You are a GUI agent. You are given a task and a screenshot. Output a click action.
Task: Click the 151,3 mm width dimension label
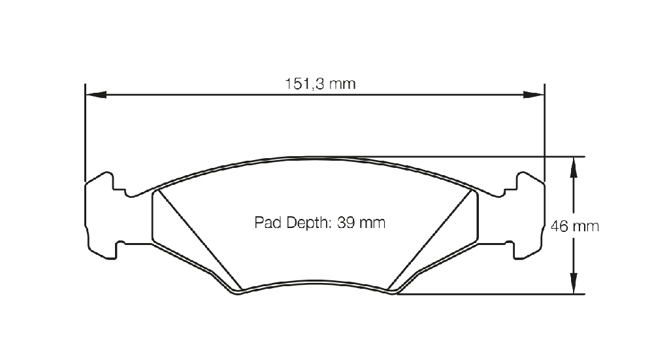pyautogui.click(x=320, y=84)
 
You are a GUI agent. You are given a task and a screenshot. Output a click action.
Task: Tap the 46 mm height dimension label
pyautogui.click(x=575, y=226)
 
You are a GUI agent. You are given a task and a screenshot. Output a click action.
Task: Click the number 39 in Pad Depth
pyautogui.click(x=346, y=223)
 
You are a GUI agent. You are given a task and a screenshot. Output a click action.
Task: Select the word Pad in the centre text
pyautogui.click(x=269, y=223)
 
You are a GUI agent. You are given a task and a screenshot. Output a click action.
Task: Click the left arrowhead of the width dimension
pyautogui.click(x=96, y=95)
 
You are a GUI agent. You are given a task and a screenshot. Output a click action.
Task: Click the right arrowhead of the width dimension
pyautogui.click(x=534, y=95)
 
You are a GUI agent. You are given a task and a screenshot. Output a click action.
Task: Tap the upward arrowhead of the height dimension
pyautogui.click(x=574, y=167)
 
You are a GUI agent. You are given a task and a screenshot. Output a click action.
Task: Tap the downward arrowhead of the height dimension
pyautogui.click(x=574, y=283)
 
